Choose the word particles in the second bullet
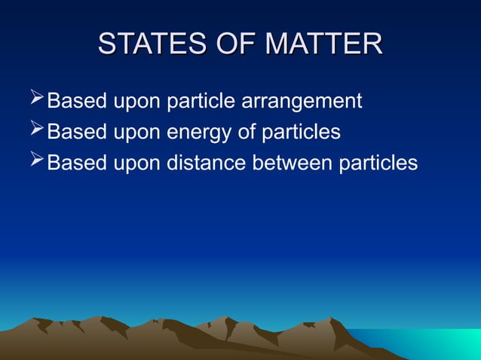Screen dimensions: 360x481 (x=301, y=133)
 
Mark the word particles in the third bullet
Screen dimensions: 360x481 (x=378, y=163)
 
